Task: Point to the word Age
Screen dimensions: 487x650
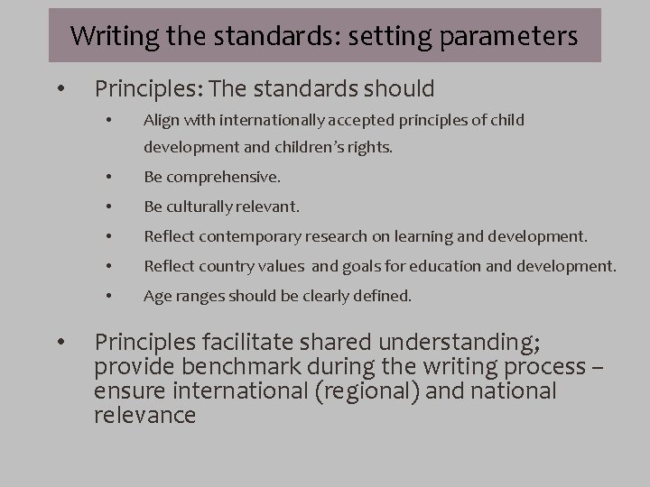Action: (156, 295)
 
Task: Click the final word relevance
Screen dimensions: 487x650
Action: (144, 416)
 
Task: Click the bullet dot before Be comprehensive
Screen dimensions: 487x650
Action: (107, 178)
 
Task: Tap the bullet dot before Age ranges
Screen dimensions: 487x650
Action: (107, 295)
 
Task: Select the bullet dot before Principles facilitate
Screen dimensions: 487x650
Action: (60, 344)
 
